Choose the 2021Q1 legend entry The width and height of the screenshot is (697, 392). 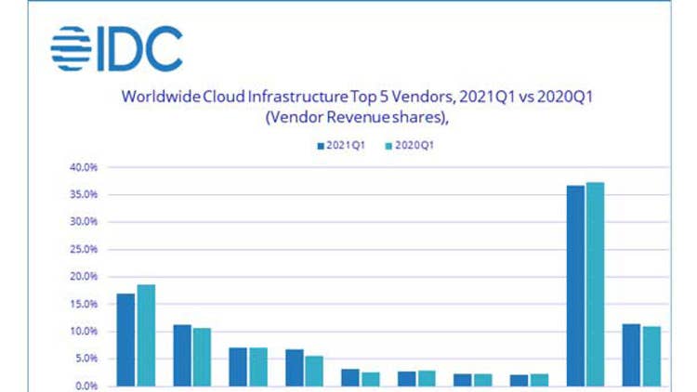343,146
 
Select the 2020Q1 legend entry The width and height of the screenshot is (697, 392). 410,146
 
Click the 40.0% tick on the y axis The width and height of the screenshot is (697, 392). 83,167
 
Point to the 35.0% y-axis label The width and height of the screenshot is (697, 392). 83,195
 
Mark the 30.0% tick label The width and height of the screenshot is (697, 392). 83,222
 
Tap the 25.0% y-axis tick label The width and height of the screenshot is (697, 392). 83,249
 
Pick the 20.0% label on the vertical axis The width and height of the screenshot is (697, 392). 83,277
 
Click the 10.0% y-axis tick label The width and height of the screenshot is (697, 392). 83,332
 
